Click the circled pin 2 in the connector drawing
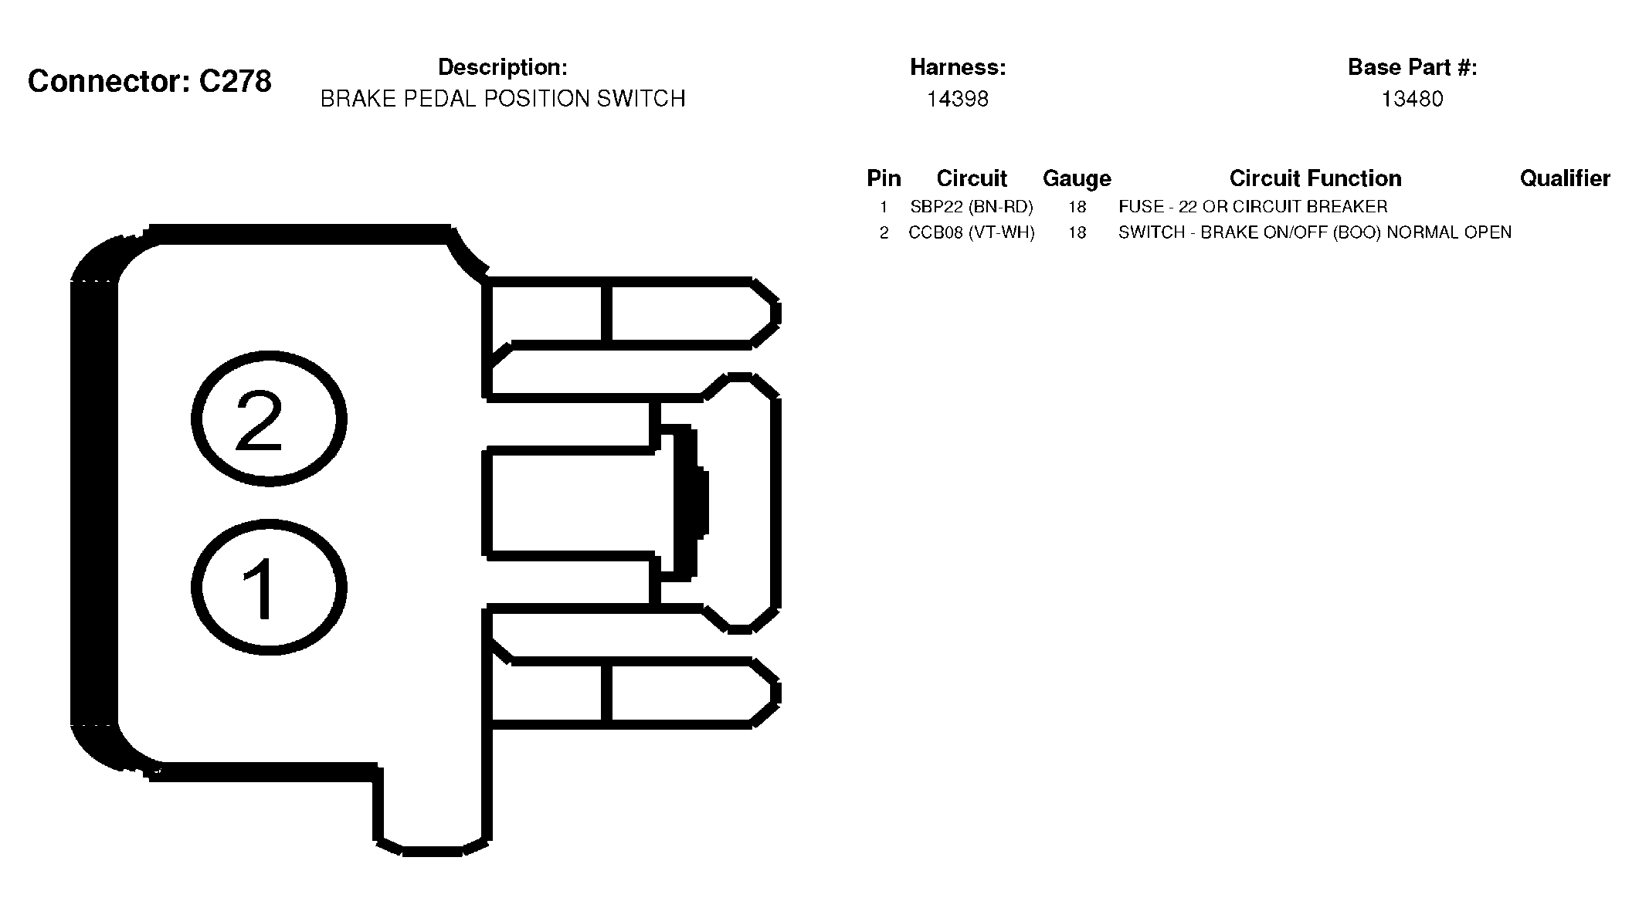[x=269, y=419]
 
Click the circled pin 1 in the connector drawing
[x=269, y=588]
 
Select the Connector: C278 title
[x=150, y=81]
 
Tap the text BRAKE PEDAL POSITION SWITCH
[x=503, y=99]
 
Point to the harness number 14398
[x=958, y=99]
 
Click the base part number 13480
[x=1412, y=99]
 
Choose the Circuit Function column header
[x=1315, y=178]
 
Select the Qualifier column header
[x=1565, y=178]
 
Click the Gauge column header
[x=1077, y=178]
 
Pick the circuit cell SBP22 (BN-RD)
[x=972, y=207]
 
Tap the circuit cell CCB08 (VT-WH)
[x=972, y=232]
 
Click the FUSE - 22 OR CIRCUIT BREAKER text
[x=1253, y=207]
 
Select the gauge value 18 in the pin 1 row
[x=1077, y=207]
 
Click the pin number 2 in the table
[x=884, y=232]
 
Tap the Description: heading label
[x=503, y=67]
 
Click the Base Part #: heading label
[x=1412, y=67]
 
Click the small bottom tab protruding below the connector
[x=433, y=811]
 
